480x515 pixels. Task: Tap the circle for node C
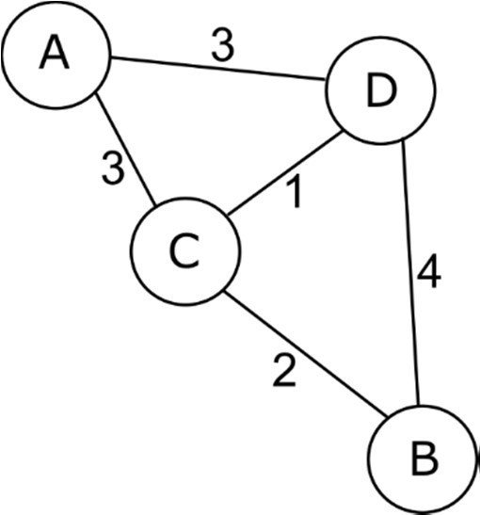coord(184,250)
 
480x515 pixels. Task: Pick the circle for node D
coord(381,90)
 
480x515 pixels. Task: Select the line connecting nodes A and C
coord(127,151)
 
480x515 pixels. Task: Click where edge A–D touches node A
coord(110,62)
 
